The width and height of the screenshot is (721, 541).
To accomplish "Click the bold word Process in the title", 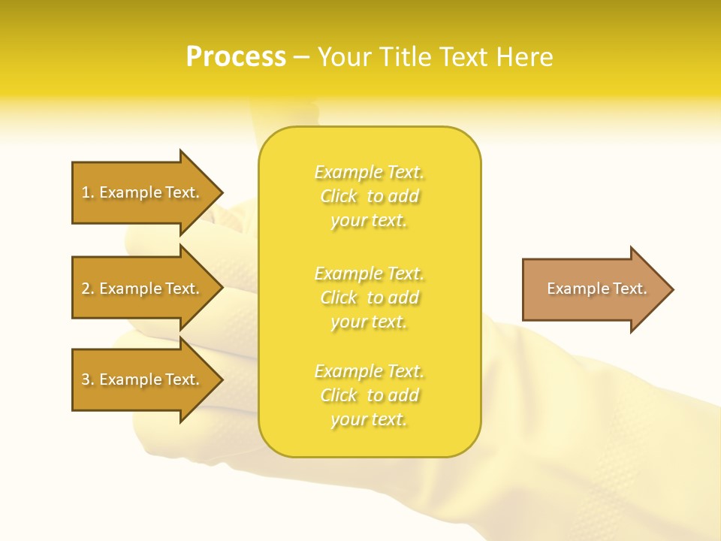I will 236,57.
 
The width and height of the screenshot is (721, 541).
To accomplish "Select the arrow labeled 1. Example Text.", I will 143,192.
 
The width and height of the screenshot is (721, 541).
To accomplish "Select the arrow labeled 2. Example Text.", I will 143,289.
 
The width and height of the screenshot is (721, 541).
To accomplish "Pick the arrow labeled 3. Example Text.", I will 143,379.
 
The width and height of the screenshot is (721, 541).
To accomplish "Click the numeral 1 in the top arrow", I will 86,192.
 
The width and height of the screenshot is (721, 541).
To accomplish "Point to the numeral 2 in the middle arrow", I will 86,289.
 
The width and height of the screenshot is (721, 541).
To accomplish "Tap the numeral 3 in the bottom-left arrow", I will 86,379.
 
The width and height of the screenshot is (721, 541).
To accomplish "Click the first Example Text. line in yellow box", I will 369,172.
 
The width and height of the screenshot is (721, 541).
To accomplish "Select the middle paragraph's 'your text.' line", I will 369,322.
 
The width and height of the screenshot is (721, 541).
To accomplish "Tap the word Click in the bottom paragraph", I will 339,395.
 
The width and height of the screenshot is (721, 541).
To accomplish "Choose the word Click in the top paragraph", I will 339,196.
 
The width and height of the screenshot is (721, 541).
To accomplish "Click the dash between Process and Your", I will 301,57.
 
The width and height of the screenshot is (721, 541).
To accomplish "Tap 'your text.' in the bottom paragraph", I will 369,419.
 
